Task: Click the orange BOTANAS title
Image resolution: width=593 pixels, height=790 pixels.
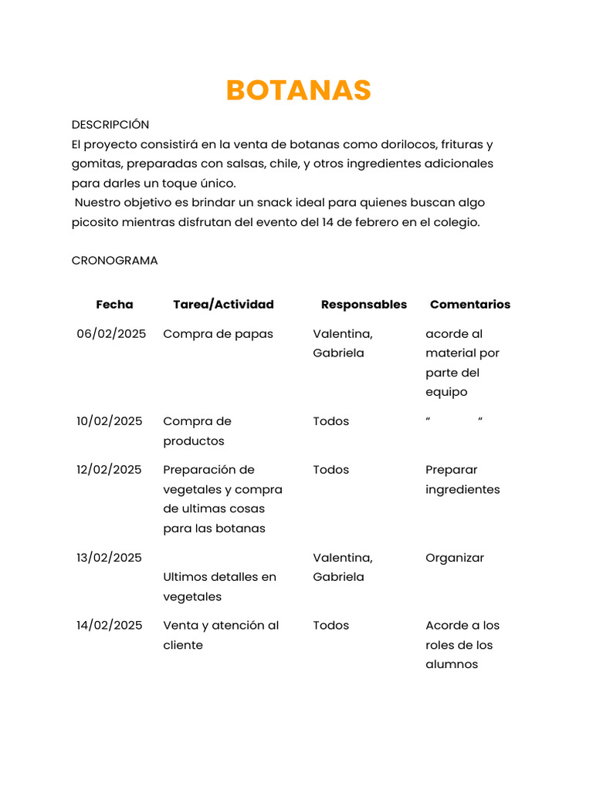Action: point(298,90)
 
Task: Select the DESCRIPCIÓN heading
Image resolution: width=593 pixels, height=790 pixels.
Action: point(110,124)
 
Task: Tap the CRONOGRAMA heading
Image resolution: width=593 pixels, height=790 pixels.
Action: point(114,261)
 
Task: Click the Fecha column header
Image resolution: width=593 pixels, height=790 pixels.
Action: point(114,305)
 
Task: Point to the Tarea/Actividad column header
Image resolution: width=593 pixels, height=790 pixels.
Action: point(223,305)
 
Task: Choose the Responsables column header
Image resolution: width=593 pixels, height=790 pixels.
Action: point(364,305)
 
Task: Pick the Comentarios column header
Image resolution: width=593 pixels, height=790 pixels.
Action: point(469,305)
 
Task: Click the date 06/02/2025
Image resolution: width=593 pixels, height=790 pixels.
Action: point(111,334)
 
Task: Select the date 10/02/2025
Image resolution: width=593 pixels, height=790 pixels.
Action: point(110,421)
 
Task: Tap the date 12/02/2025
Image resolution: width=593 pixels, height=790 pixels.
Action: point(110,470)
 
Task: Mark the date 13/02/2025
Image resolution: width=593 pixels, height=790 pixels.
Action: point(110,558)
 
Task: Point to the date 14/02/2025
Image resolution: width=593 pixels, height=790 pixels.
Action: point(110,626)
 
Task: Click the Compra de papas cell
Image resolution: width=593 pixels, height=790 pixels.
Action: point(218,334)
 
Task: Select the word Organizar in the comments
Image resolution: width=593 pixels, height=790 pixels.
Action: point(455,558)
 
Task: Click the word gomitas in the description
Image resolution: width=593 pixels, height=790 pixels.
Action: point(96,164)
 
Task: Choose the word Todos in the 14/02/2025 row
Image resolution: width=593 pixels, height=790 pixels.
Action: point(330,626)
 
